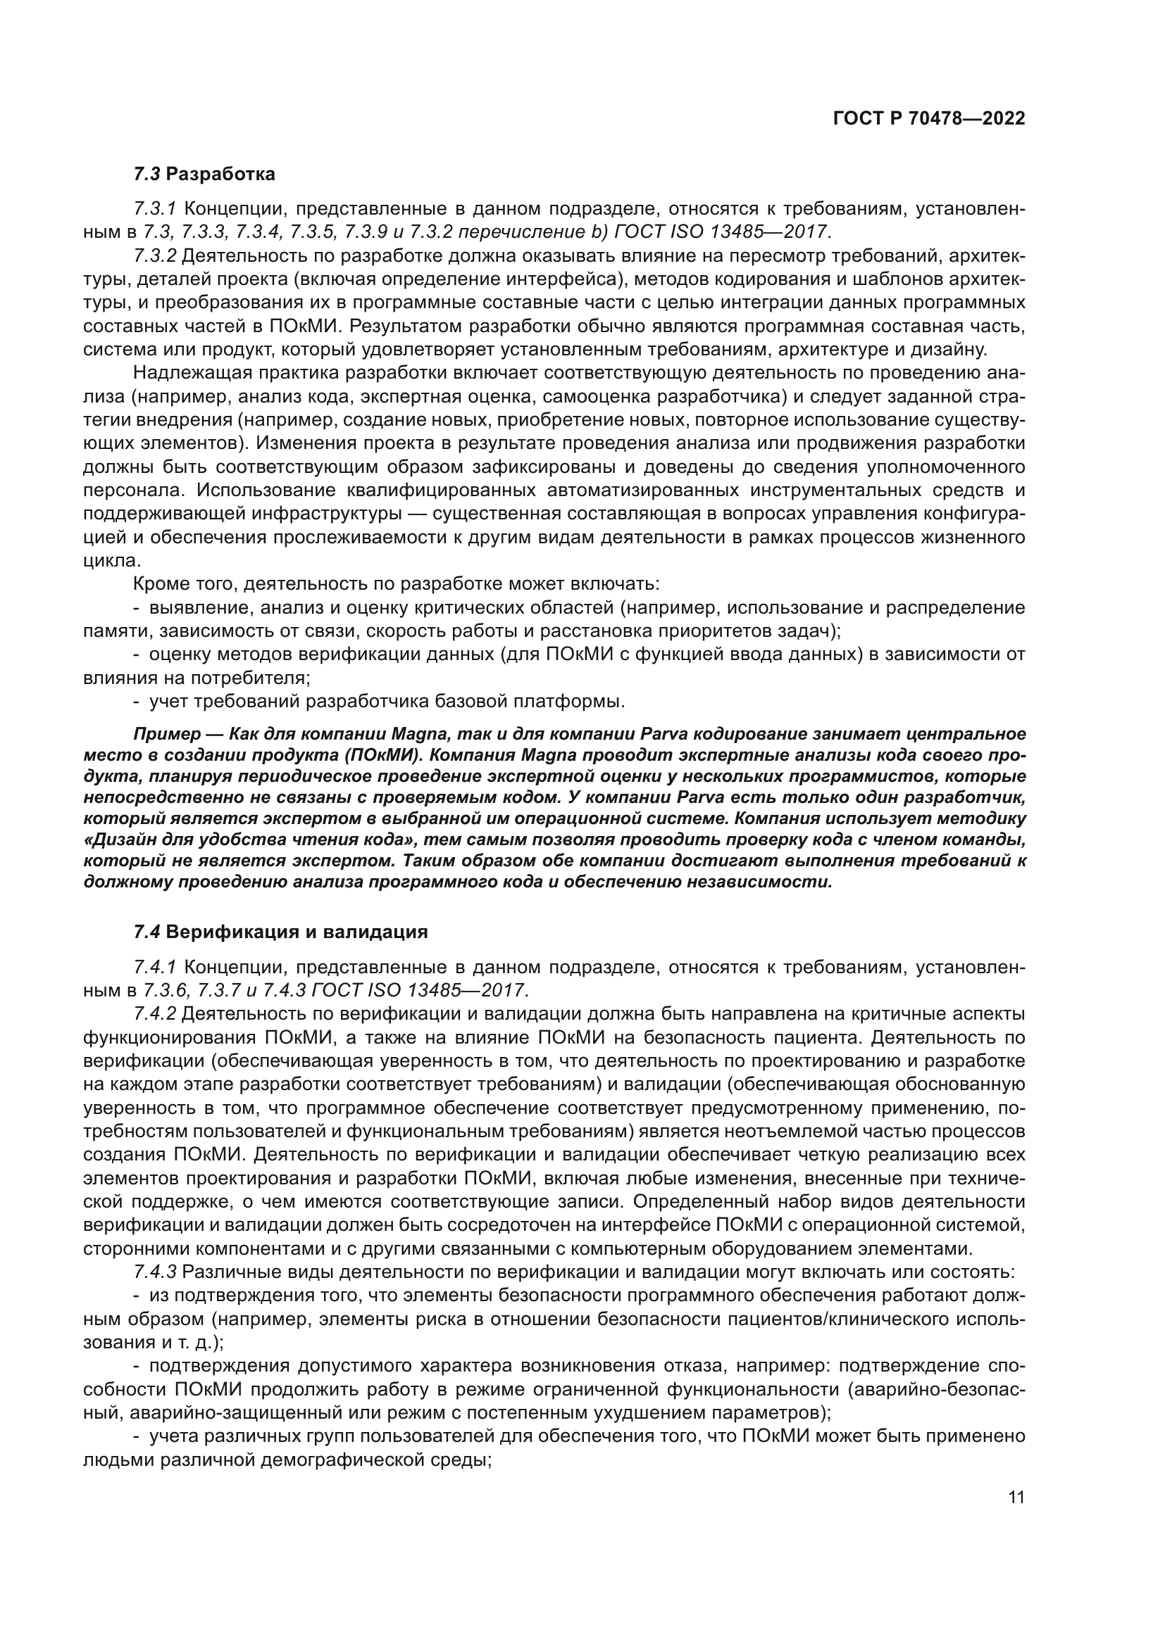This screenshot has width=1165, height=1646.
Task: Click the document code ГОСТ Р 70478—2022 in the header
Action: (929, 118)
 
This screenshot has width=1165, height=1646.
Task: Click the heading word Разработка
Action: (225, 175)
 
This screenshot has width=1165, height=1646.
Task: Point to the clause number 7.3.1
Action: (155, 208)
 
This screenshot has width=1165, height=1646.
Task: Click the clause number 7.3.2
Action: (155, 256)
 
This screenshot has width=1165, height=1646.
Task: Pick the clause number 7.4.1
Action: (155, 967)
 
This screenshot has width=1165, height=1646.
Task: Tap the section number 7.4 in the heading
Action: (147, 932)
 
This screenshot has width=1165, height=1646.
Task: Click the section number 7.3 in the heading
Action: (147, 175)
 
